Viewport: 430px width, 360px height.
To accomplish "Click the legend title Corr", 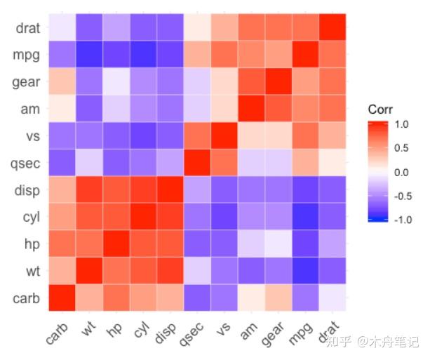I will [380, 110].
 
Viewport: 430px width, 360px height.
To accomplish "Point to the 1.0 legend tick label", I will [402, 124].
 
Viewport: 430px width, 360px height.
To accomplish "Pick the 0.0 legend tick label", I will [402, 172].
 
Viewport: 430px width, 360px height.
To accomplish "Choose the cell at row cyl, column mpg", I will [306, 217].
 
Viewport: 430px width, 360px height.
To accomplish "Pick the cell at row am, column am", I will [253, 109].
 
